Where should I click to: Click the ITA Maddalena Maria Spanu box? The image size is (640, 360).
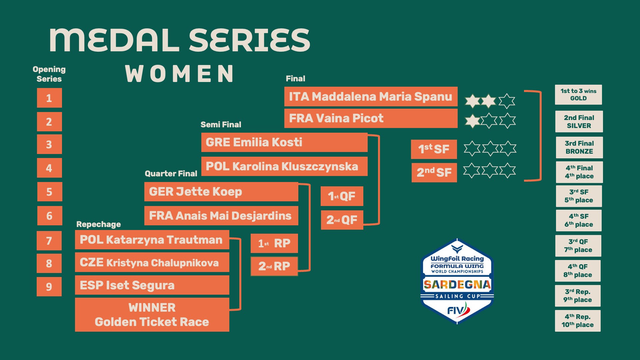(371, 97)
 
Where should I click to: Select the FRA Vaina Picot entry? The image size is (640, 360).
(371, 118)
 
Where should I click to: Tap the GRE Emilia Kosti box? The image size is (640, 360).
(284, 142)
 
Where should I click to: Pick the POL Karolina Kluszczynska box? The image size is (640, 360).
(284, 166)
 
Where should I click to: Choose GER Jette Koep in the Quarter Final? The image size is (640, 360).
(221, 192)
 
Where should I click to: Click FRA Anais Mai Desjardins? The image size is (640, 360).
(221, 216)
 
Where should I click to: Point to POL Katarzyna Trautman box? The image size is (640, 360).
(152, 240)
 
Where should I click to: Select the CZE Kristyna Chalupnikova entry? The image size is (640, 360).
(152, 263)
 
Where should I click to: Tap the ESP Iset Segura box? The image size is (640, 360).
(152, 285)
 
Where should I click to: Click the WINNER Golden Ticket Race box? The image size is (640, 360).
(152, 315)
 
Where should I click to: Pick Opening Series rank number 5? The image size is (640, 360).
(49, 192)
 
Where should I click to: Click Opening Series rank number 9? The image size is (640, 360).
(49, 287)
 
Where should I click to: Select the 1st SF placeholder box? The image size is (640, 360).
(434, 149)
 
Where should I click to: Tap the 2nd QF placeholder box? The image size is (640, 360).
(342, 220)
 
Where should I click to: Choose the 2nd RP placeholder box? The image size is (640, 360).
(274, 266)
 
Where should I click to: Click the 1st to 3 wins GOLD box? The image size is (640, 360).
(578, 95)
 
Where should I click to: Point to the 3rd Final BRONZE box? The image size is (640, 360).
(579, 147)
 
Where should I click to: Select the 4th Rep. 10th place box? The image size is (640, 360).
(578, 321)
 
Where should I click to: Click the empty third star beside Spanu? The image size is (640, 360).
(507, 101)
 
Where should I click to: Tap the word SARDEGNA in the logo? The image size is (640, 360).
(457, 284)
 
